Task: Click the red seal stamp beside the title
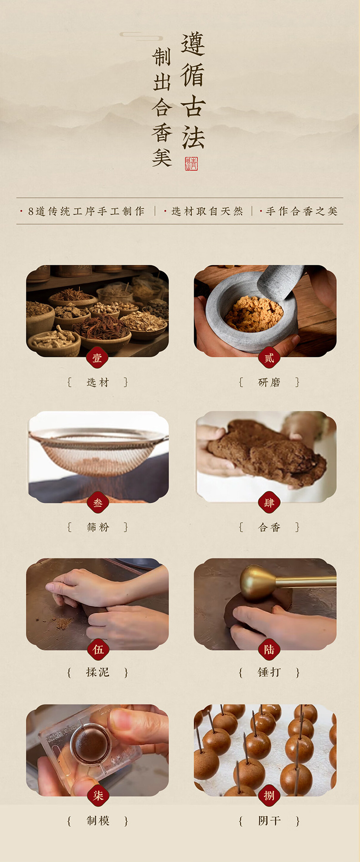[191, 164]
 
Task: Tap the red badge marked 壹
[97, 358]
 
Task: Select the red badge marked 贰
[269, 358]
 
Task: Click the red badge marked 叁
[98, 503]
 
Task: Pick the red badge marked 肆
[269, 503]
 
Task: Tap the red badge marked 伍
[98, 649]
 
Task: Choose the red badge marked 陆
[269, 649]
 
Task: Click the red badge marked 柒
[98, 795]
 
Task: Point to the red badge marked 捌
[269, 795]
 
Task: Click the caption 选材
[98, 382]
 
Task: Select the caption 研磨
[269, 382]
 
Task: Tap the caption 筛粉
[98, 527]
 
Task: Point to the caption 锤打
[269, 672]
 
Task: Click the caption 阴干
[269, 821]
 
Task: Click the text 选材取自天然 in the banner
[207, 212]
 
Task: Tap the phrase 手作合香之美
[301, 212]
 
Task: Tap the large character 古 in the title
[193, 106]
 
